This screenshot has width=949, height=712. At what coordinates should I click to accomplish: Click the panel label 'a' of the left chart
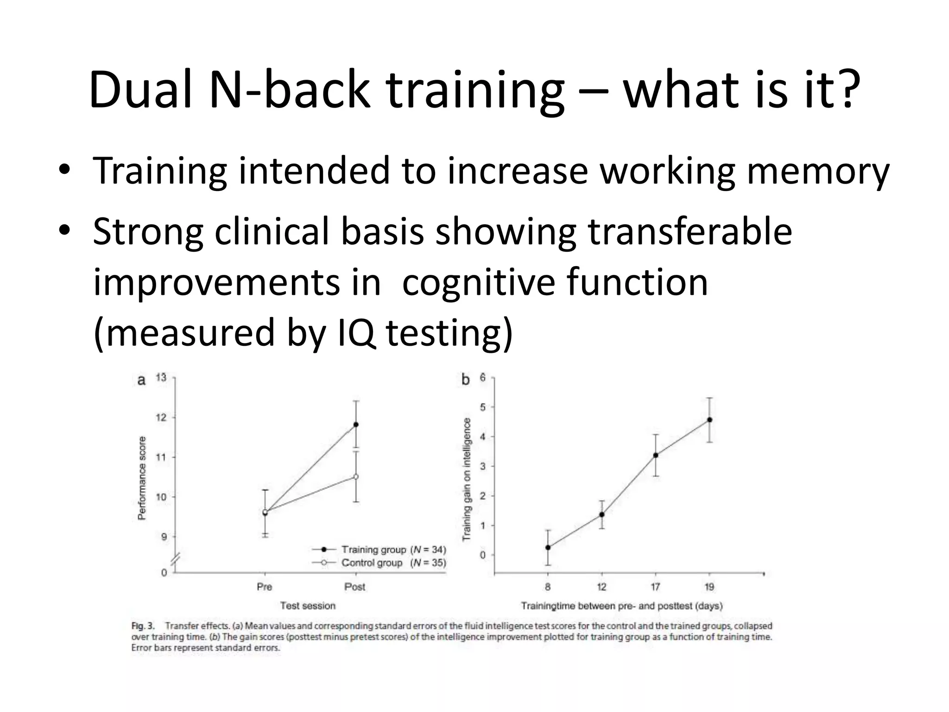pyautogui.click(x=142, y=381)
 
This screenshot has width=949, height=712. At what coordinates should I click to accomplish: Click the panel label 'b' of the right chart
pyautogui.click(x=465, y=380)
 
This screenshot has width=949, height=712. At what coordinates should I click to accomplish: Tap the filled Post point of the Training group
pyautogui.click(x=356, y=425)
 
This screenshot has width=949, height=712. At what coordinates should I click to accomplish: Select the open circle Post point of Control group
pyautogui.click(x=356, y=477)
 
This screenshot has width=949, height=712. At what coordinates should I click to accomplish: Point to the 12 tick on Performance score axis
pyautogui.click(x=161, y=418)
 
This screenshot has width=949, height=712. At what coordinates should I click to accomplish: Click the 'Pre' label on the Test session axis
pyautogui.click(x=264, y=587)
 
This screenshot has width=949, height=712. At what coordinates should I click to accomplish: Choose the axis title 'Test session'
pyautogui.click(x=308, y=605)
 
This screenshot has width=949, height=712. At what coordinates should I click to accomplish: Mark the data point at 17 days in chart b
pyautogui.click(x=656, y=455)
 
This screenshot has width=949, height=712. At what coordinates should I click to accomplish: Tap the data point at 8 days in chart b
pyautogui.click(x=548, y=547)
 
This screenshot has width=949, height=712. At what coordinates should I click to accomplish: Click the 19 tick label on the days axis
pyautogui.click(x=709, y=587)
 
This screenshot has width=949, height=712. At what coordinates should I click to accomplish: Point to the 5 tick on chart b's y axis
pyautogui.click(x=482, y=407)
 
